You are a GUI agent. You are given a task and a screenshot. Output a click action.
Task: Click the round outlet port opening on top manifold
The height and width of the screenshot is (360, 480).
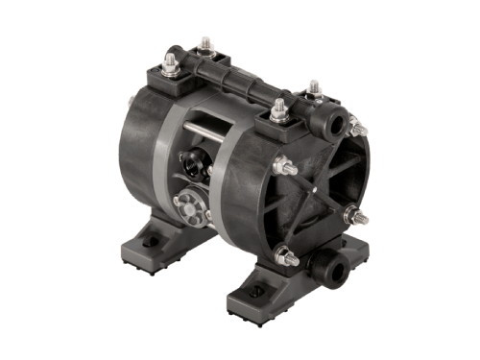click(336, 124)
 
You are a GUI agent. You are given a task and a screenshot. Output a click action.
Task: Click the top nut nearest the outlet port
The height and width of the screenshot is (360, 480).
click(313, 88)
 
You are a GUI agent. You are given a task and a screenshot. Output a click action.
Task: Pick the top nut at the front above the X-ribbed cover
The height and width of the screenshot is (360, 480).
click(278, 108)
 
